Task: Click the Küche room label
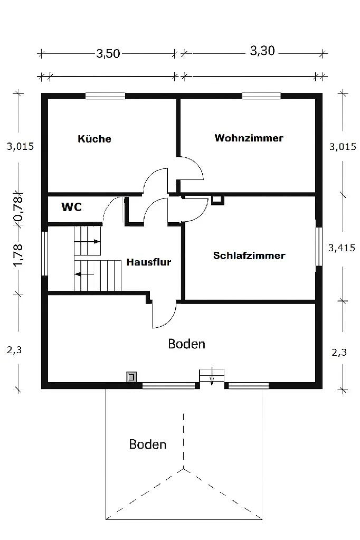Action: (x=94, y=139)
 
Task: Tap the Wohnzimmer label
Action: (x=249, y=138)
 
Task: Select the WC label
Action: (x=71, y=207)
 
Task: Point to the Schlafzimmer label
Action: (x=249, y=255)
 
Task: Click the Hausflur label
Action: (x=149, y=262)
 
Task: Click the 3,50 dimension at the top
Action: (x=108, y=53)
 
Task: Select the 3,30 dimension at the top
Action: (x=262, y=52)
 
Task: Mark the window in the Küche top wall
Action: (x=106, y=96)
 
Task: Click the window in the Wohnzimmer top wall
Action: (x=261, y=96)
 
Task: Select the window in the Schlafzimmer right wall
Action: (x=319, y=247)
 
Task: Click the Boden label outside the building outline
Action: (x=148, y=444)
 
